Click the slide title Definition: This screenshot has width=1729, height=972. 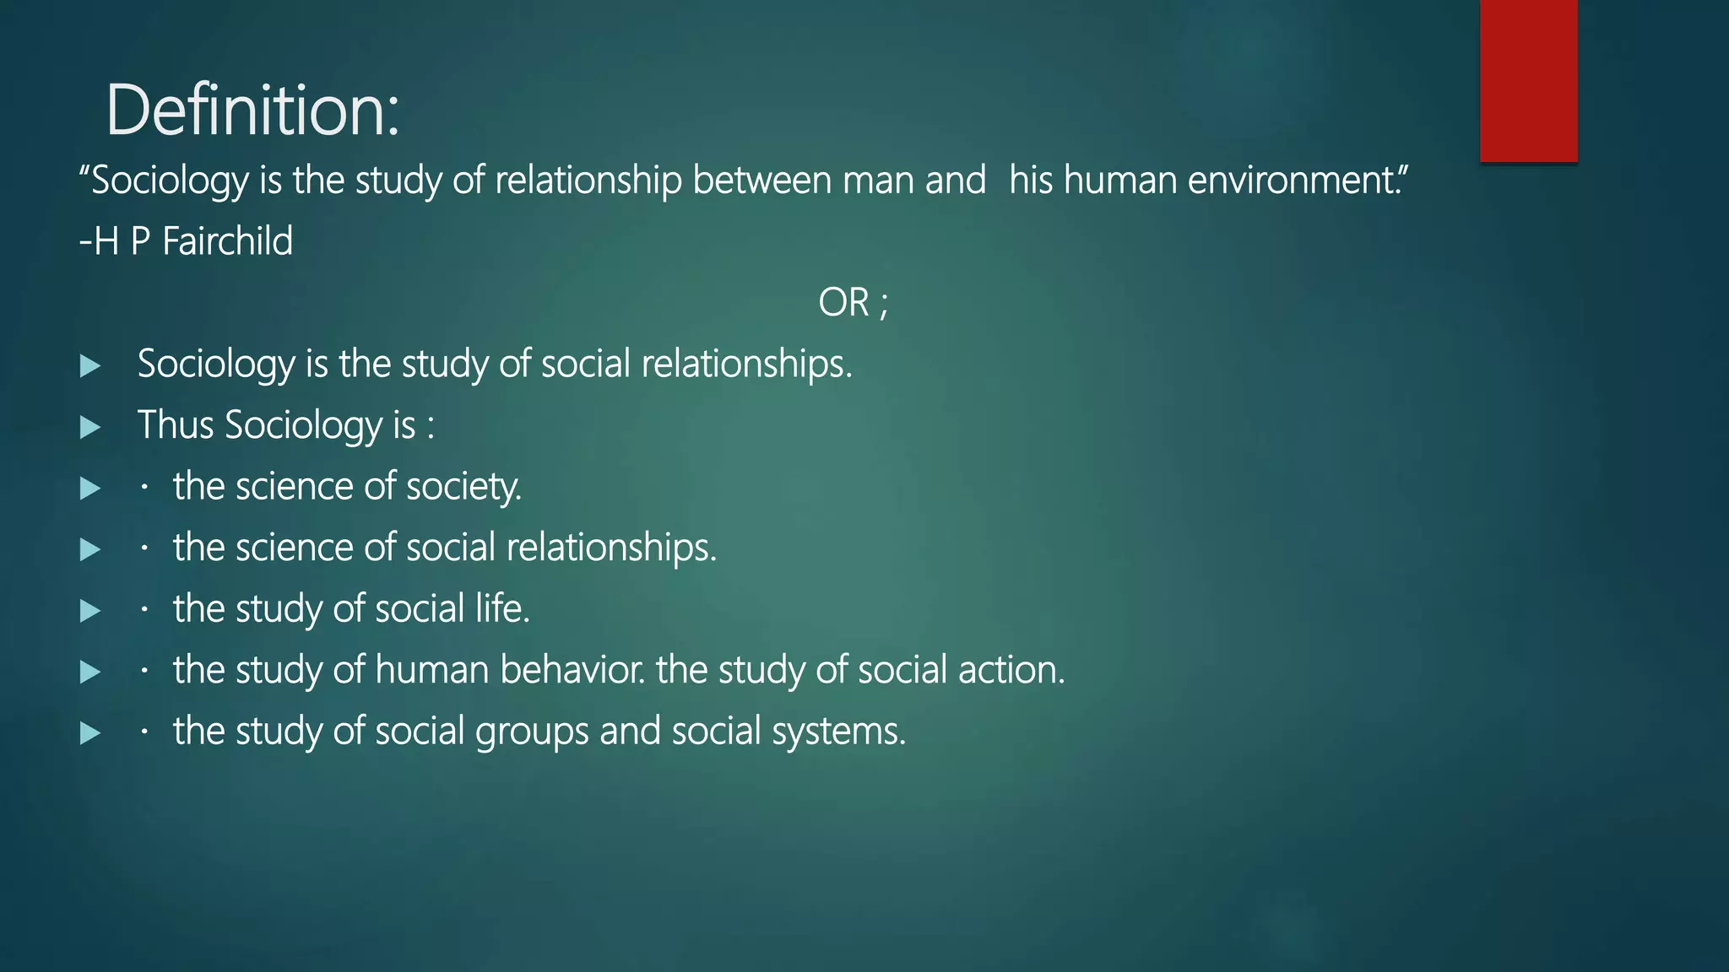252,111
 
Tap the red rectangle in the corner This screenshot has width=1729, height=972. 1528,80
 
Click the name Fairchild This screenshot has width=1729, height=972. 227,241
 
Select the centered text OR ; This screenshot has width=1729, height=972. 853,302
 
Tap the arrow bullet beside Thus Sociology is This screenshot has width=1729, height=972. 89,427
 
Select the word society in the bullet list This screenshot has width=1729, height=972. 463,487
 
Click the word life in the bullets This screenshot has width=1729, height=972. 502,608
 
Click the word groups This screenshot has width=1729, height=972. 532,732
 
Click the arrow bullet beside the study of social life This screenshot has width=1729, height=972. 89,611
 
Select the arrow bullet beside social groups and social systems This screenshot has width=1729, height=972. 89,733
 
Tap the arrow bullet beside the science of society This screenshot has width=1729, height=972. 89,489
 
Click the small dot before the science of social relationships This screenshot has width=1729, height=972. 145,548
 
